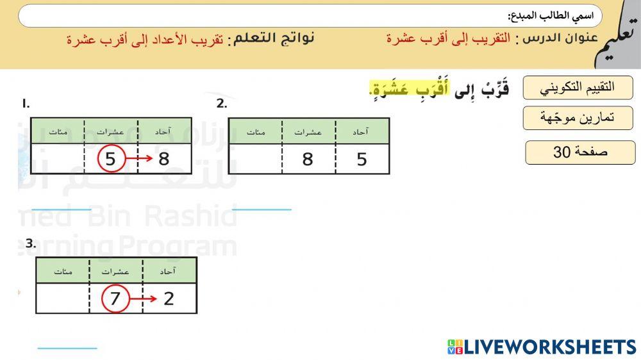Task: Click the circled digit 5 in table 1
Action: [110, 158]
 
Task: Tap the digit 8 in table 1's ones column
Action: [164, 158]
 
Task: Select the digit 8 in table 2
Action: [308, 159]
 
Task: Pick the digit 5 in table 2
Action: [362, 159]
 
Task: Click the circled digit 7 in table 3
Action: [115, 299]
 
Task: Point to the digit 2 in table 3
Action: [169, 299]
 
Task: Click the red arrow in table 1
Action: [138, 158]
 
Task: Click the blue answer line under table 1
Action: [62, 209]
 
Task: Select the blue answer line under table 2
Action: [262, 209]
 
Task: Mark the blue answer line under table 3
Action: [67, 348]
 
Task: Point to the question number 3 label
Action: [30, 243]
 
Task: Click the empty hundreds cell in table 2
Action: [255, 159]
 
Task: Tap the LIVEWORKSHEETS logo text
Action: [542, 347]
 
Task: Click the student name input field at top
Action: [308, 16]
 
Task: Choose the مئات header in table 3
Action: [63, 271]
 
